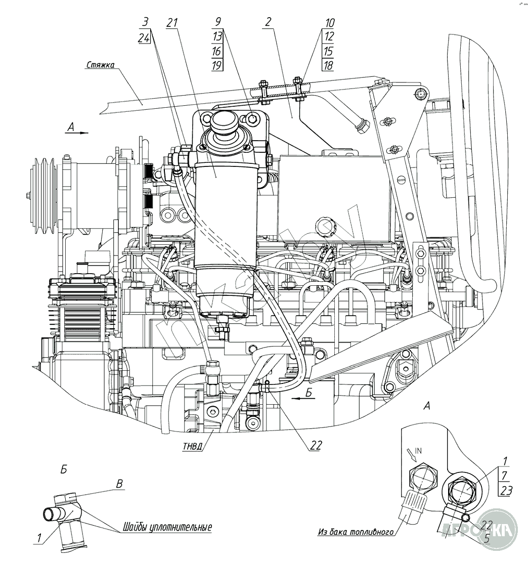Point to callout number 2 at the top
268,22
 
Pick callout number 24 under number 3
144,37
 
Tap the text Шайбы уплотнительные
166,528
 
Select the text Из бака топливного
356,532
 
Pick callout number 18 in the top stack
328,65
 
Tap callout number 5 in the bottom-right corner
487,539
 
